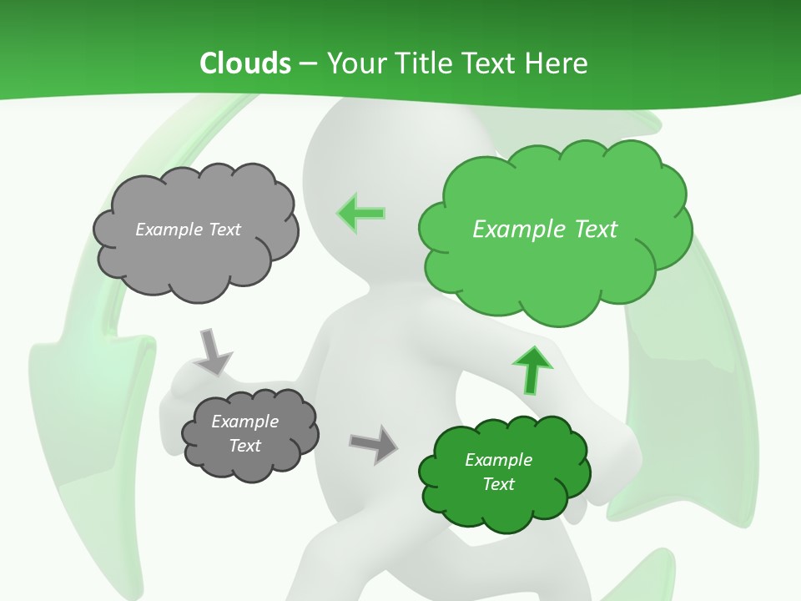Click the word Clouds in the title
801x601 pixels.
pyautogui.click(x=244, y=63)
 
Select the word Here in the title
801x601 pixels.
pyautogui.click(x=557, y=63)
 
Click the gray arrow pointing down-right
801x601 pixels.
pyautogui.click(x=213, y=351)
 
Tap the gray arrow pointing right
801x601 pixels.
pyautogui.click(x=373, y=443)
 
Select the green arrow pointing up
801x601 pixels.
pyautogui.click(x=531, y=370)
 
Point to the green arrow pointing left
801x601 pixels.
pyautogui.click(x=361, y=213)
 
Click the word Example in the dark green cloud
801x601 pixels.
pyautogui.click(x=498, y=460)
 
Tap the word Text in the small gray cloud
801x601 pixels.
pyautogui.click(x=245, y=446)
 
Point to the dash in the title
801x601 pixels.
pyautogui.click(x=308, y=63)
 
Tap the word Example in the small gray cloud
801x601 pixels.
pyautogui.click(x=245, y=422)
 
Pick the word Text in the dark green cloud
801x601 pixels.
pyautogui.click(x=498, y=484)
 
